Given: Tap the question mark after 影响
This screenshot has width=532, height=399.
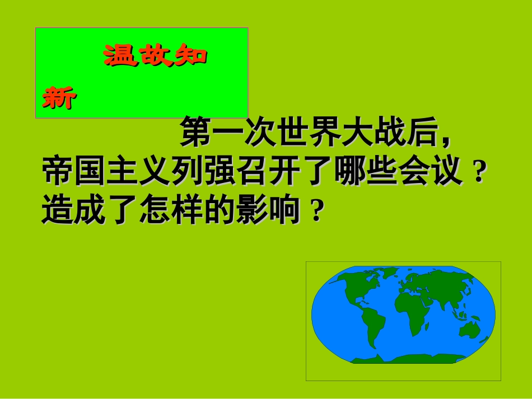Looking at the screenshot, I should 317,212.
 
